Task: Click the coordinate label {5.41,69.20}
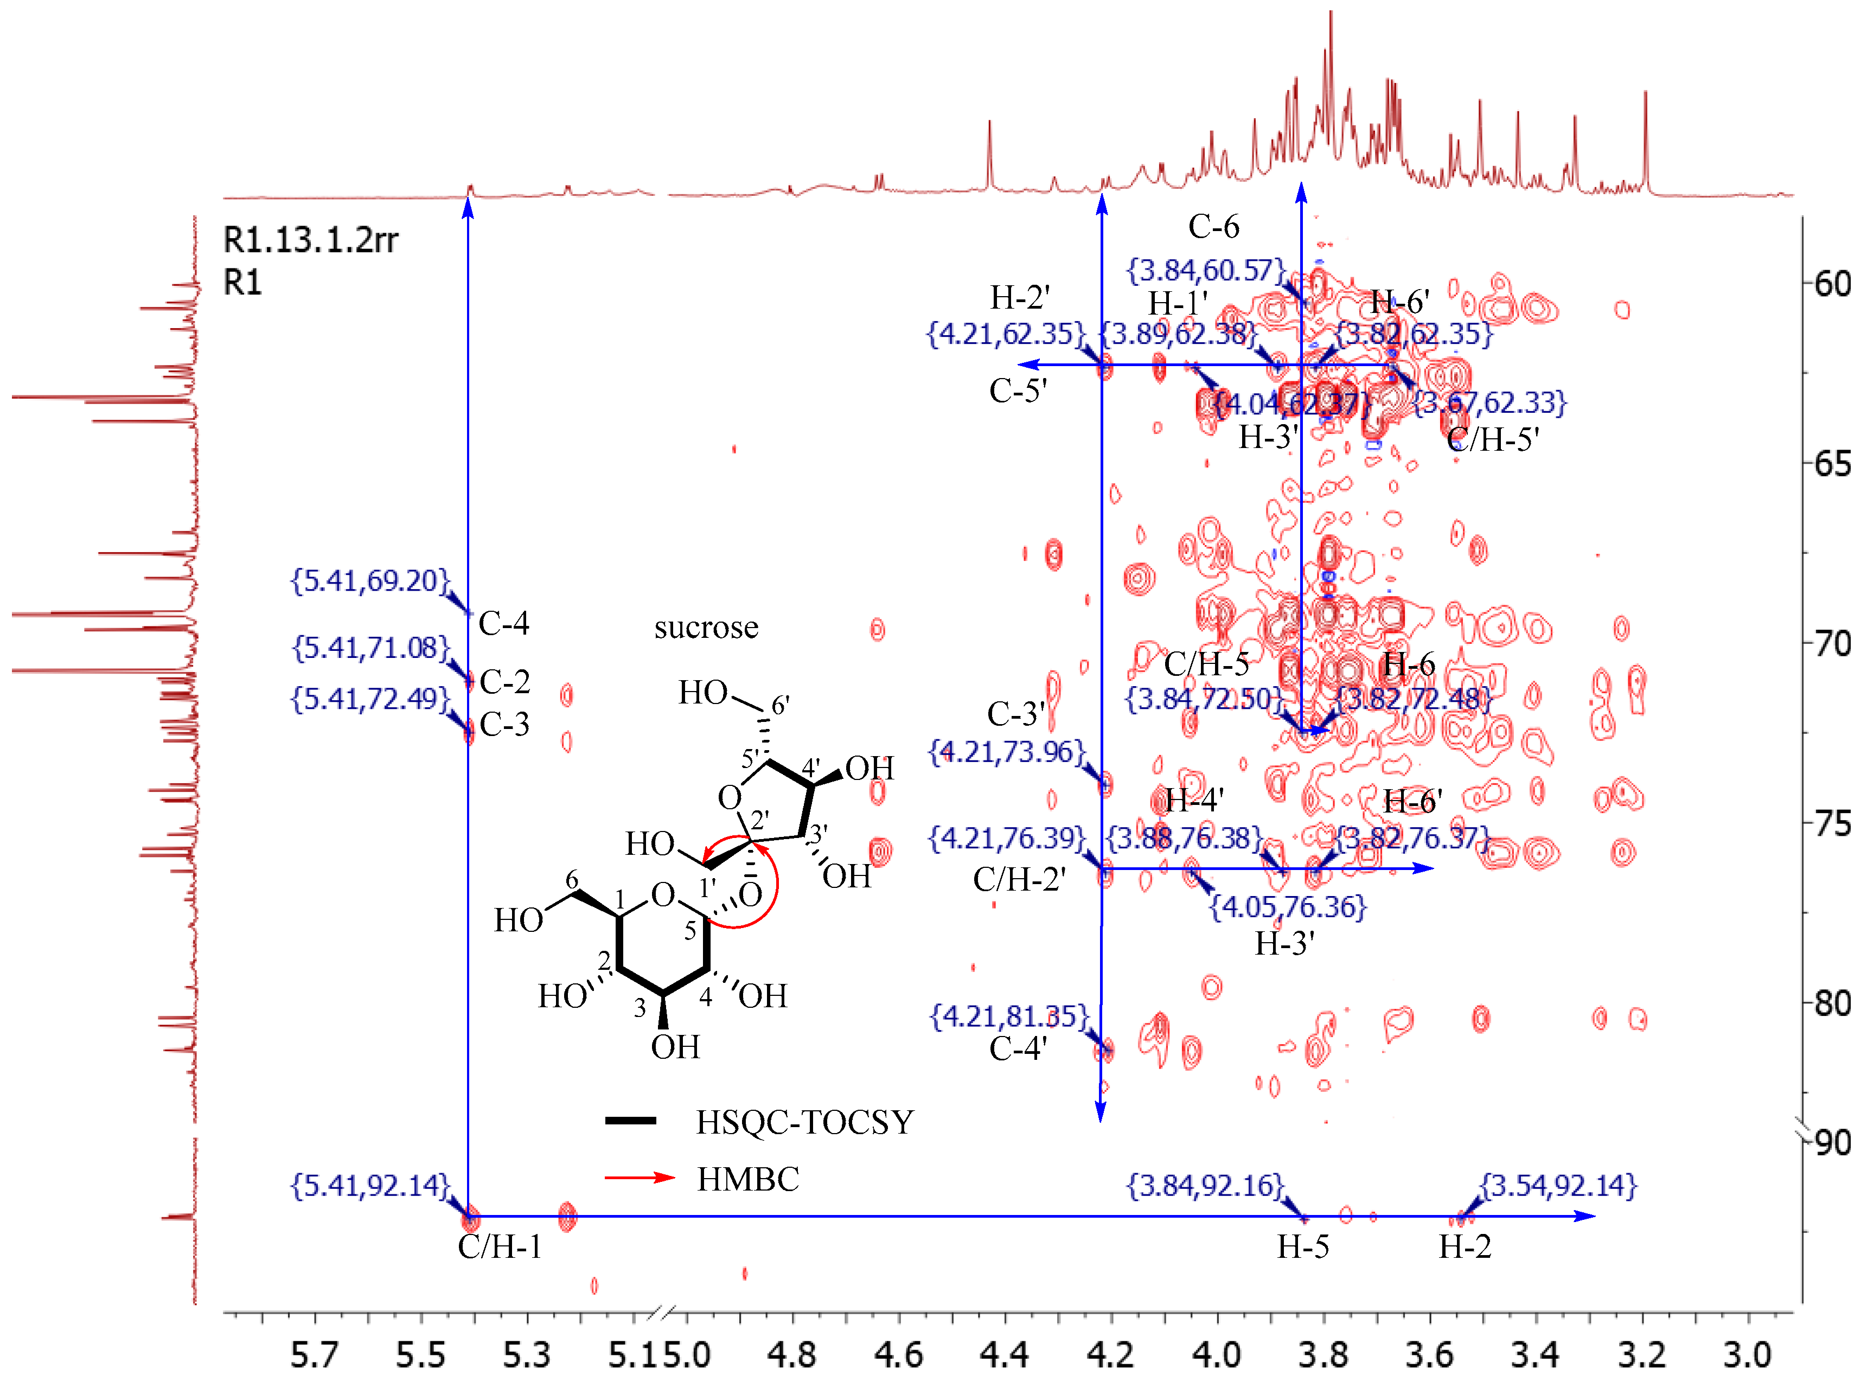click(x=370, y=580)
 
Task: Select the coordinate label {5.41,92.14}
click(x=370, y=1186)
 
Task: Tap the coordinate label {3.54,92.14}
click(x=1558, y=1186)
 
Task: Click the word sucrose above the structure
click(x=706, y=628)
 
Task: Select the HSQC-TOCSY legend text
click(x=804, y=1123)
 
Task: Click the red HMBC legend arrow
click(x=640, y=1177)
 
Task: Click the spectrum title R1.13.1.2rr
click(x=310, y=240)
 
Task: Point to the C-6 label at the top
click(x=1213, y=227)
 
